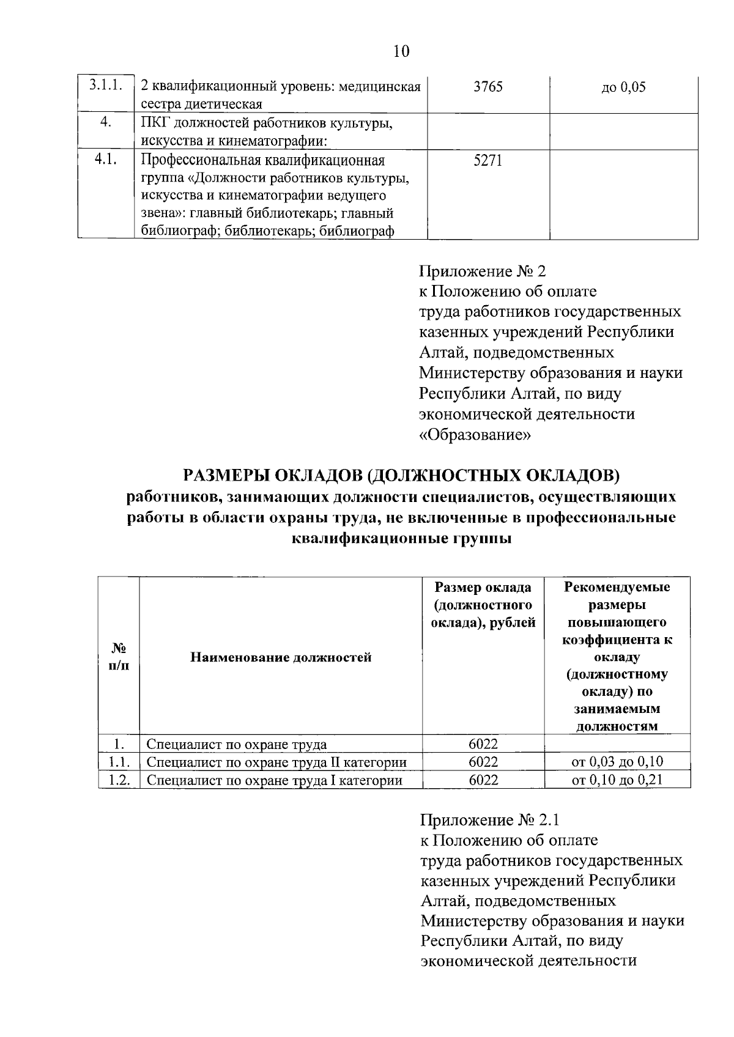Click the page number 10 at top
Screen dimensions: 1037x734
click(x=401, y=51)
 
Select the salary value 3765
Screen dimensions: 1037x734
click(x=488, y=87)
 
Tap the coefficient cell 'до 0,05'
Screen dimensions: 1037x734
click(x=623, y=87)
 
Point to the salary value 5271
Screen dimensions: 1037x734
click(x=488, y=161)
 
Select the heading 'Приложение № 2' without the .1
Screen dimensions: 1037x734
click(x=482, y=271)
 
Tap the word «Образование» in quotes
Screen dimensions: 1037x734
click(x=475, y=435)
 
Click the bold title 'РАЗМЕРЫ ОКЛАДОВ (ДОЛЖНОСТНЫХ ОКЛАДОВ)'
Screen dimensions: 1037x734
click(x=401, y=474)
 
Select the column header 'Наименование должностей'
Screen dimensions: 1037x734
click(x=281, y=657)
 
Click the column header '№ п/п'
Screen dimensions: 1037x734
click(x=119, y=656)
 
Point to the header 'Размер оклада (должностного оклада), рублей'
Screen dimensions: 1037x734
click(x=483, y=605)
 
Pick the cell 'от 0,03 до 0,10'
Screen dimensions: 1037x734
click(x=617, y=762)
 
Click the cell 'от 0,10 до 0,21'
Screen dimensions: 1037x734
click(x=617, y=780)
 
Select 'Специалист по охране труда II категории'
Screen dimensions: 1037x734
click(x=276, y=762)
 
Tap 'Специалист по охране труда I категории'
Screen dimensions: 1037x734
click(x=274, y=780)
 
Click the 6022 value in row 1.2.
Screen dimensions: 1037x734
click(x=483, y=780)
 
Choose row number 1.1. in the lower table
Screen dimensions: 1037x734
click(x=119, y=762)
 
